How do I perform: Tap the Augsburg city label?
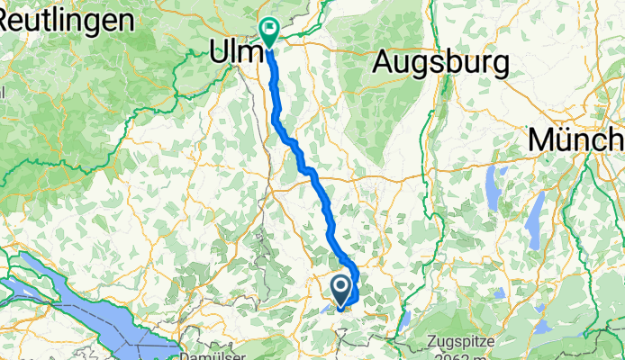click(440, 63)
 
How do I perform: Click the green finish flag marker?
click(268, 31)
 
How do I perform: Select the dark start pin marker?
click(342, 290)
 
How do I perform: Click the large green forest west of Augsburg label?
click(396, 117)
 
